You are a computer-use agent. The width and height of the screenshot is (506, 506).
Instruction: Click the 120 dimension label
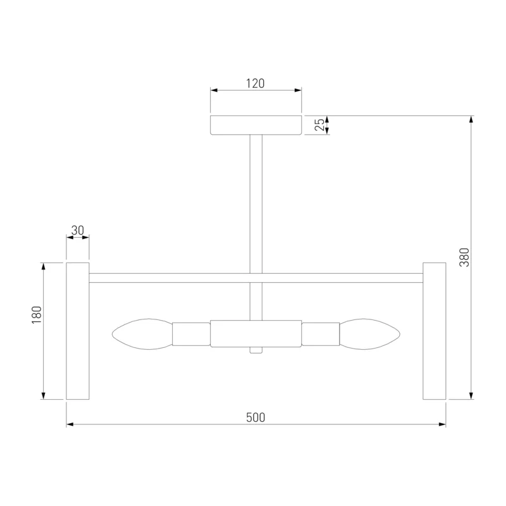tap(256, 83)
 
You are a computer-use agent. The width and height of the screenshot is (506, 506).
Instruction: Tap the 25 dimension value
tap(319, 125)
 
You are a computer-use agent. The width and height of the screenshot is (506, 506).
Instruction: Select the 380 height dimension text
tap(464, 257)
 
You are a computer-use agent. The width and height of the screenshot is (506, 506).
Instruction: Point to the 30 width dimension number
tap(77, 230)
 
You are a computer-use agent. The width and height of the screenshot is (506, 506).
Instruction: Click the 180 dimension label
tap(37, 314)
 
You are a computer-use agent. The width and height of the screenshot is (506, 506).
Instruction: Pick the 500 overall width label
tap(256, 417)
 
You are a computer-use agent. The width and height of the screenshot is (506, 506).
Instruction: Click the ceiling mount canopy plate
tap(256, 125)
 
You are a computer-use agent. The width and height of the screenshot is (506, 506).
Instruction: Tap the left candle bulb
tap(142, 334)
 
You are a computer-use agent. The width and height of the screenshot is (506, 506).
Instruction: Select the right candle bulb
tap(370, 334)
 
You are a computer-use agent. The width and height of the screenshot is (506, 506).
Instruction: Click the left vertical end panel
tap(78, 331)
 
